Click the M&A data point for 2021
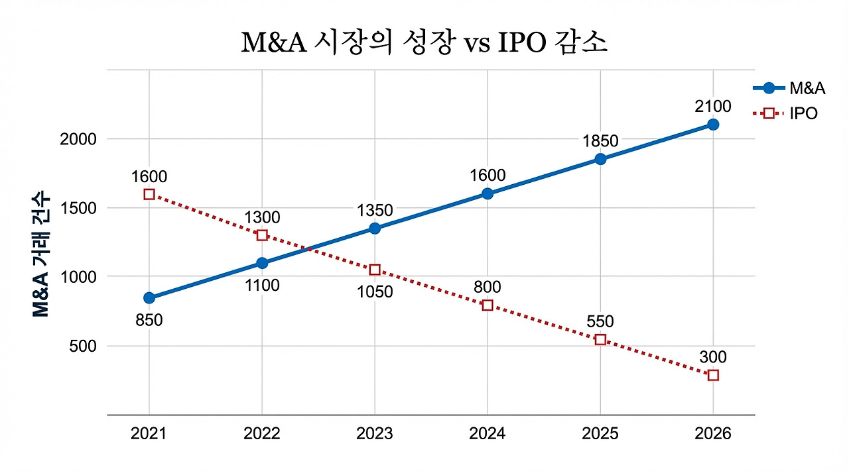coord(149,297)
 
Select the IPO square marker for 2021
coord(149,194)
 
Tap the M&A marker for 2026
coord(713,125)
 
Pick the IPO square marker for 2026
coord(713,375)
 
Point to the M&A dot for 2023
coord(375,229)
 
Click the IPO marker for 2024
coord(488,305)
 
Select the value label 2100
coord(713,106)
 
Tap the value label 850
coord(149,320)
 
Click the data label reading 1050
coord(375,292)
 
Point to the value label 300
coord(713,358)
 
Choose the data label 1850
coord(600,140)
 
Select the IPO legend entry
coord(786,113)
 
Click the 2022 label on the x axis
coord(262,434)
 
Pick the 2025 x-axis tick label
coord(600,434)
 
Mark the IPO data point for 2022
coord(262,235)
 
